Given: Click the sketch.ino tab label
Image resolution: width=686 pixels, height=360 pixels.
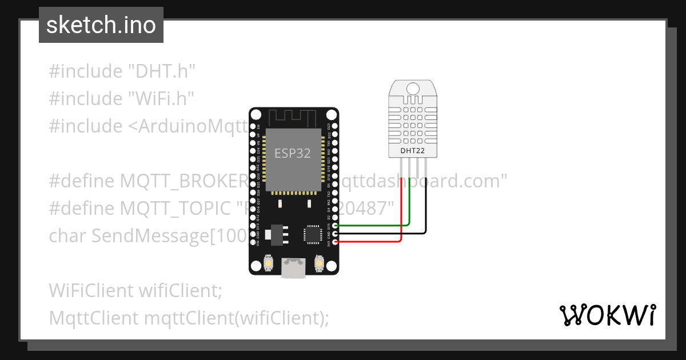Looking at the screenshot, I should (x=101, y=26).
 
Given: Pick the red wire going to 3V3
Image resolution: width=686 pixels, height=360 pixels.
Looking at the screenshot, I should (x=372, y=241).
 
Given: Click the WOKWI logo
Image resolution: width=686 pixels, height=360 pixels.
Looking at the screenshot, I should (x=607, y=315).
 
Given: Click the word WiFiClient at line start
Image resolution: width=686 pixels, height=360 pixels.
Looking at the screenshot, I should (x=91, y=291).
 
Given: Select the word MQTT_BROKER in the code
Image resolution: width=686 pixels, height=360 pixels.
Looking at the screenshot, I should (x=183, y=181).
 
